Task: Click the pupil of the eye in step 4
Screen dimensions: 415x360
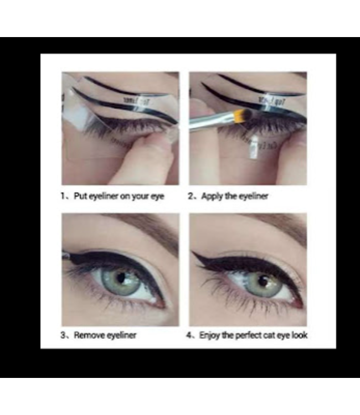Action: [x=261, y=280]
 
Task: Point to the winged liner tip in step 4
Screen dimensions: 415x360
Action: [x=194, y=254]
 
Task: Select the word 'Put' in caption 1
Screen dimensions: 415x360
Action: [x=80, y=196]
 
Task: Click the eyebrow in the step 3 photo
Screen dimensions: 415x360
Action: [x=144, y=222]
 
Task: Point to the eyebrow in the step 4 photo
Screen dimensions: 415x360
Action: [x=277, y=224]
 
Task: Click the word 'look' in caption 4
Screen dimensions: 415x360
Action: [x=298, y=335]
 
